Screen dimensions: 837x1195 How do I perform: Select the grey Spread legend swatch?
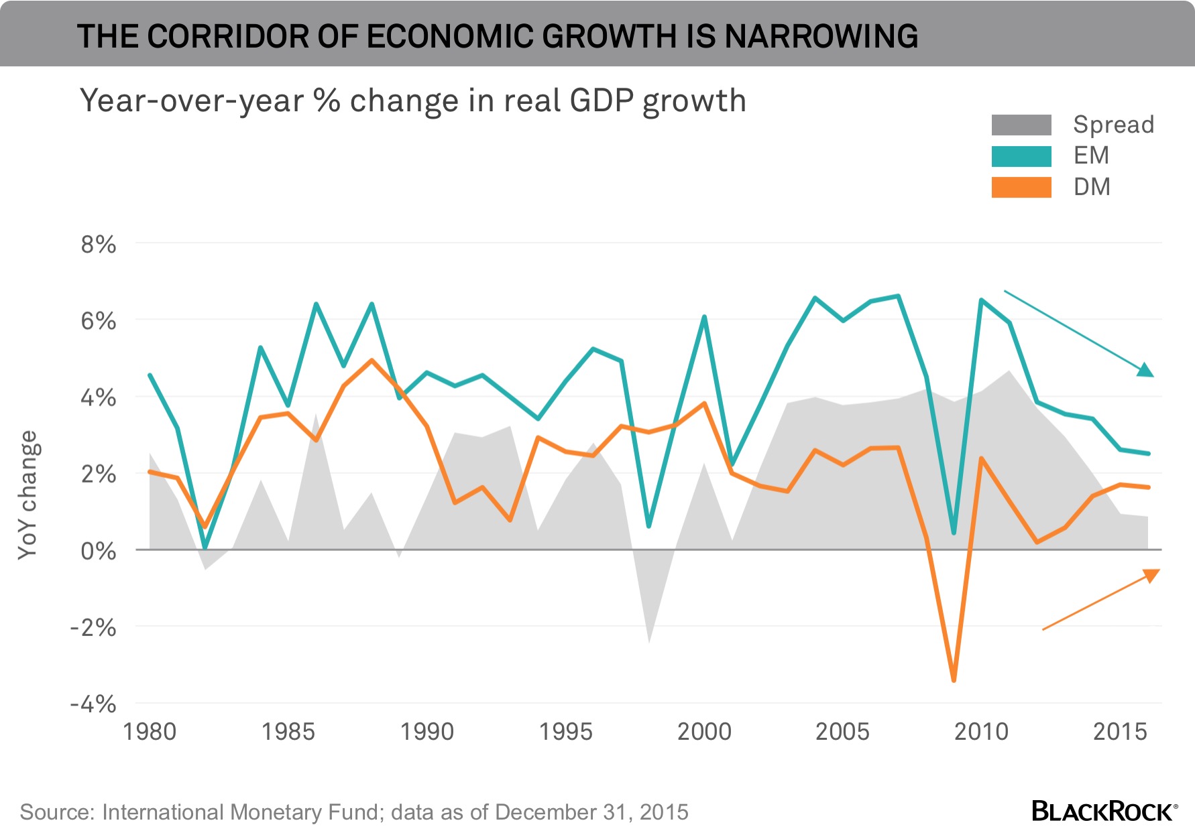(1021, 125)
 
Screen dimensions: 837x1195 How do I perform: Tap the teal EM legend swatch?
(1021, 156)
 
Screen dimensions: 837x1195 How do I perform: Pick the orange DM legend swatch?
(1021, 187)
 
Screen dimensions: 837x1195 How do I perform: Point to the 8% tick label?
(98, 245)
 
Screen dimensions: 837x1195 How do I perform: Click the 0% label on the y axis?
(98, 551)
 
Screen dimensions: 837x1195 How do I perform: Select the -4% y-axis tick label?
(93, 704)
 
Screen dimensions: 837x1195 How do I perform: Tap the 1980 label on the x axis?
(150, 731)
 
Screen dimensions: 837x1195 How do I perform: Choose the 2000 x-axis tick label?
(704, 731)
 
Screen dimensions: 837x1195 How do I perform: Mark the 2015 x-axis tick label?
(1120, 731)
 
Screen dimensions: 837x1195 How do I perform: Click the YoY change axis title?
(27, 495)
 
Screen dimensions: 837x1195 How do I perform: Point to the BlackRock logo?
(1104, 811)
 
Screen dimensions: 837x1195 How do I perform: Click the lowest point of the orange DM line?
(954, 680)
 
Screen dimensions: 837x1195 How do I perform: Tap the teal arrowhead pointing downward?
(1146, 370)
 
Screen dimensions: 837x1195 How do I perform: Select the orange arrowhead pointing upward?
(1151, 574)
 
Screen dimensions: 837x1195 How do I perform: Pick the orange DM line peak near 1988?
(372, 361)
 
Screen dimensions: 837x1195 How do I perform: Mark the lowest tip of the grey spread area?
(649, 642)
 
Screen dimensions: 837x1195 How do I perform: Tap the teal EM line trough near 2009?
(954, 533)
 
